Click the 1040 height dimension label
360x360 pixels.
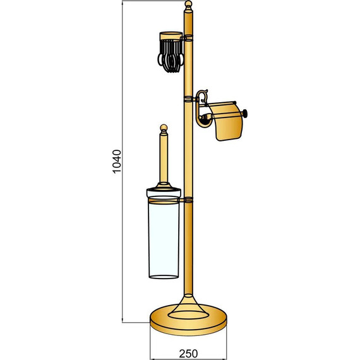117,162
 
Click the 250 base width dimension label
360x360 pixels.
188,354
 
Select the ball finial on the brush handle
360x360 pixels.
164,128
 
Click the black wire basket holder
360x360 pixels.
171,56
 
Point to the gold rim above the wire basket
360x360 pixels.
171,35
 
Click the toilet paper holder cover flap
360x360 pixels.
225,121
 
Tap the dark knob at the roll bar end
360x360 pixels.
245,113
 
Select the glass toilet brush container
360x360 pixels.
164,238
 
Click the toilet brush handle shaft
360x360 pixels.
164,159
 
